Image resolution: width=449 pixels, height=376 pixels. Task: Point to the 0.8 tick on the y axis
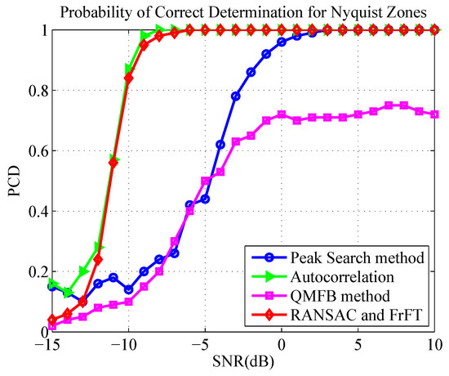tap(32, 90)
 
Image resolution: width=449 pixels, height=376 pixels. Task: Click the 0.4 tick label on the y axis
tap(32, 211)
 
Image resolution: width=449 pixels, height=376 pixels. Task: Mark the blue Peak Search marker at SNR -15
tap(51, 286)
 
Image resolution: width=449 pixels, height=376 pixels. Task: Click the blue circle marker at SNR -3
tap(236, 96)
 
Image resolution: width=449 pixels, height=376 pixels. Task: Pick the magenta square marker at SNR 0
tap(282, 114)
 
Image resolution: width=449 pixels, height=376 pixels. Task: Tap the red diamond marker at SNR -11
tap(113, 163)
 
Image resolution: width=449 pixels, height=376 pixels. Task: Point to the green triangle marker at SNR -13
tap(82, 271)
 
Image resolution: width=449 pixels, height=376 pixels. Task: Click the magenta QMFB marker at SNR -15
tap(51, 325)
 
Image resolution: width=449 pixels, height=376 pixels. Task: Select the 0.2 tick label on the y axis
tap(32, 271)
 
